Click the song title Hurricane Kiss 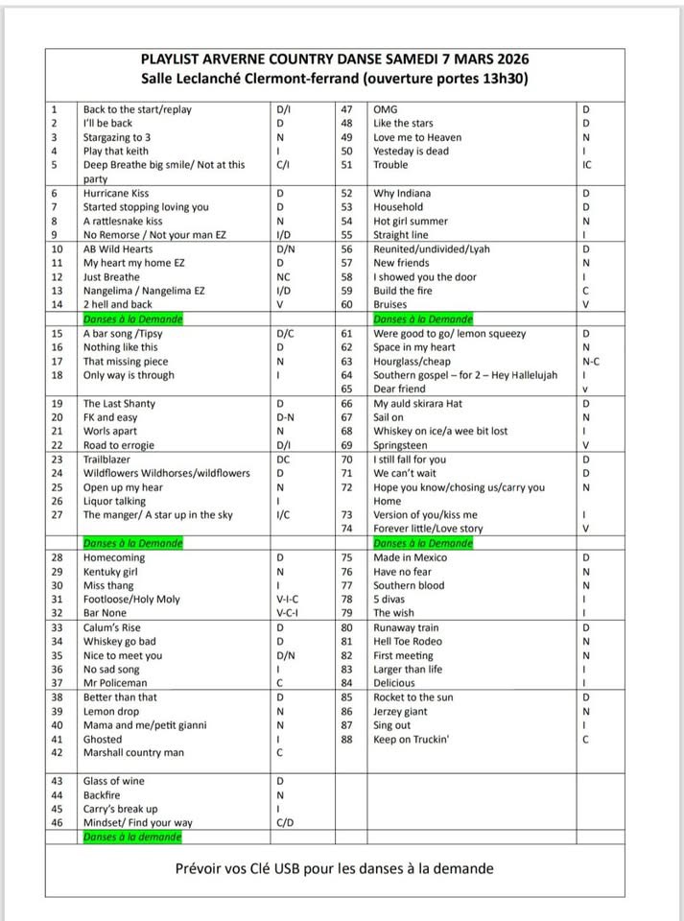click(116, 193)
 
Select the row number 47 click(347, 109)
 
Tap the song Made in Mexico click(411, 557)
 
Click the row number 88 click(347, 739)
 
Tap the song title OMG click(386, 109)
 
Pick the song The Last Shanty click(120, 404)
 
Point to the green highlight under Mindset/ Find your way click(131, 837)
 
